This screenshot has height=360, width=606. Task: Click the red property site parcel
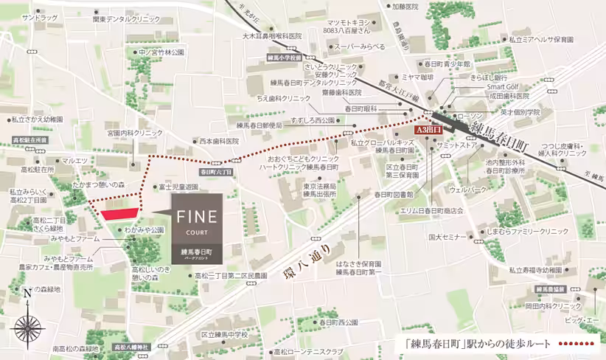(118, 214)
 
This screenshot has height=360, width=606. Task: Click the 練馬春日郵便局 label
(255, 125)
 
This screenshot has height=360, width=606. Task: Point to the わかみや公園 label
(144, 230)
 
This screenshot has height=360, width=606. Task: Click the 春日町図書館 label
(393, 195)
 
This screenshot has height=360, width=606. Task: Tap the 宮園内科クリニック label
(135, 133)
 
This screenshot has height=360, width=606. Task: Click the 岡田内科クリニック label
(553, 305)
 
